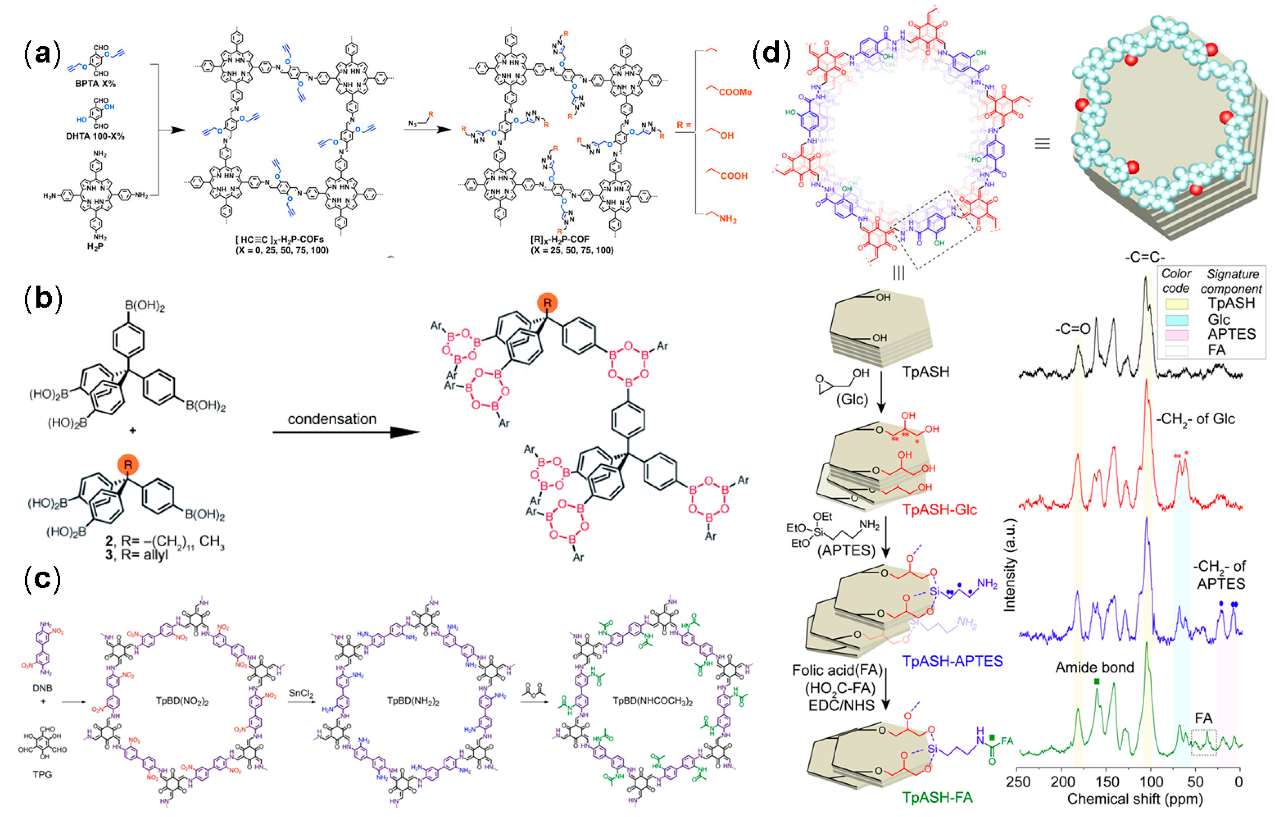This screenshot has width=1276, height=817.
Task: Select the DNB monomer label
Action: (x=42, y=689)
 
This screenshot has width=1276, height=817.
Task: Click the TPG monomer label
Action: (x=42, y=775)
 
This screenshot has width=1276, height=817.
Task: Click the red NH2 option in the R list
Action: (x=727, y=219)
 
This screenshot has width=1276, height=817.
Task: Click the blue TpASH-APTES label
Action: (x=953, y=661)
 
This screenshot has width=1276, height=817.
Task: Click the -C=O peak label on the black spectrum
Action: (x=1072, y=329)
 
